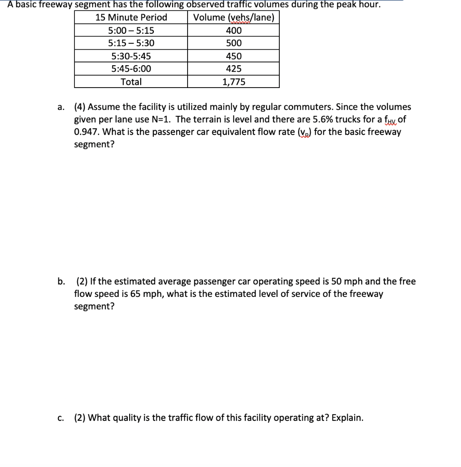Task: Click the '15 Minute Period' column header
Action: click(x=131, y=18)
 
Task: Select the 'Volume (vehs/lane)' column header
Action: click(x=234, y=18)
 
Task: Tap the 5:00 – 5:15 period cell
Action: click(x=131, y=31)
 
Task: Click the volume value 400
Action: click(x=234, y=31)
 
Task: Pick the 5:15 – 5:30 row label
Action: click(x=131, y=43)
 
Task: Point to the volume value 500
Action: click(x=234, y=43)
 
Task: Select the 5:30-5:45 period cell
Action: click(x=131, y=56)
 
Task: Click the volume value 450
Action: click(x=234, y=56)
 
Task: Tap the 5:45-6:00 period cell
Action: click(x=131, y=69)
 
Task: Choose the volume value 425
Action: click(x=234, y=69)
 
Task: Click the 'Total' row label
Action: click(x=131, y=82)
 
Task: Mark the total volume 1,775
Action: click(x=234, y=82)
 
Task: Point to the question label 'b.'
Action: click(x=61, y=281)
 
